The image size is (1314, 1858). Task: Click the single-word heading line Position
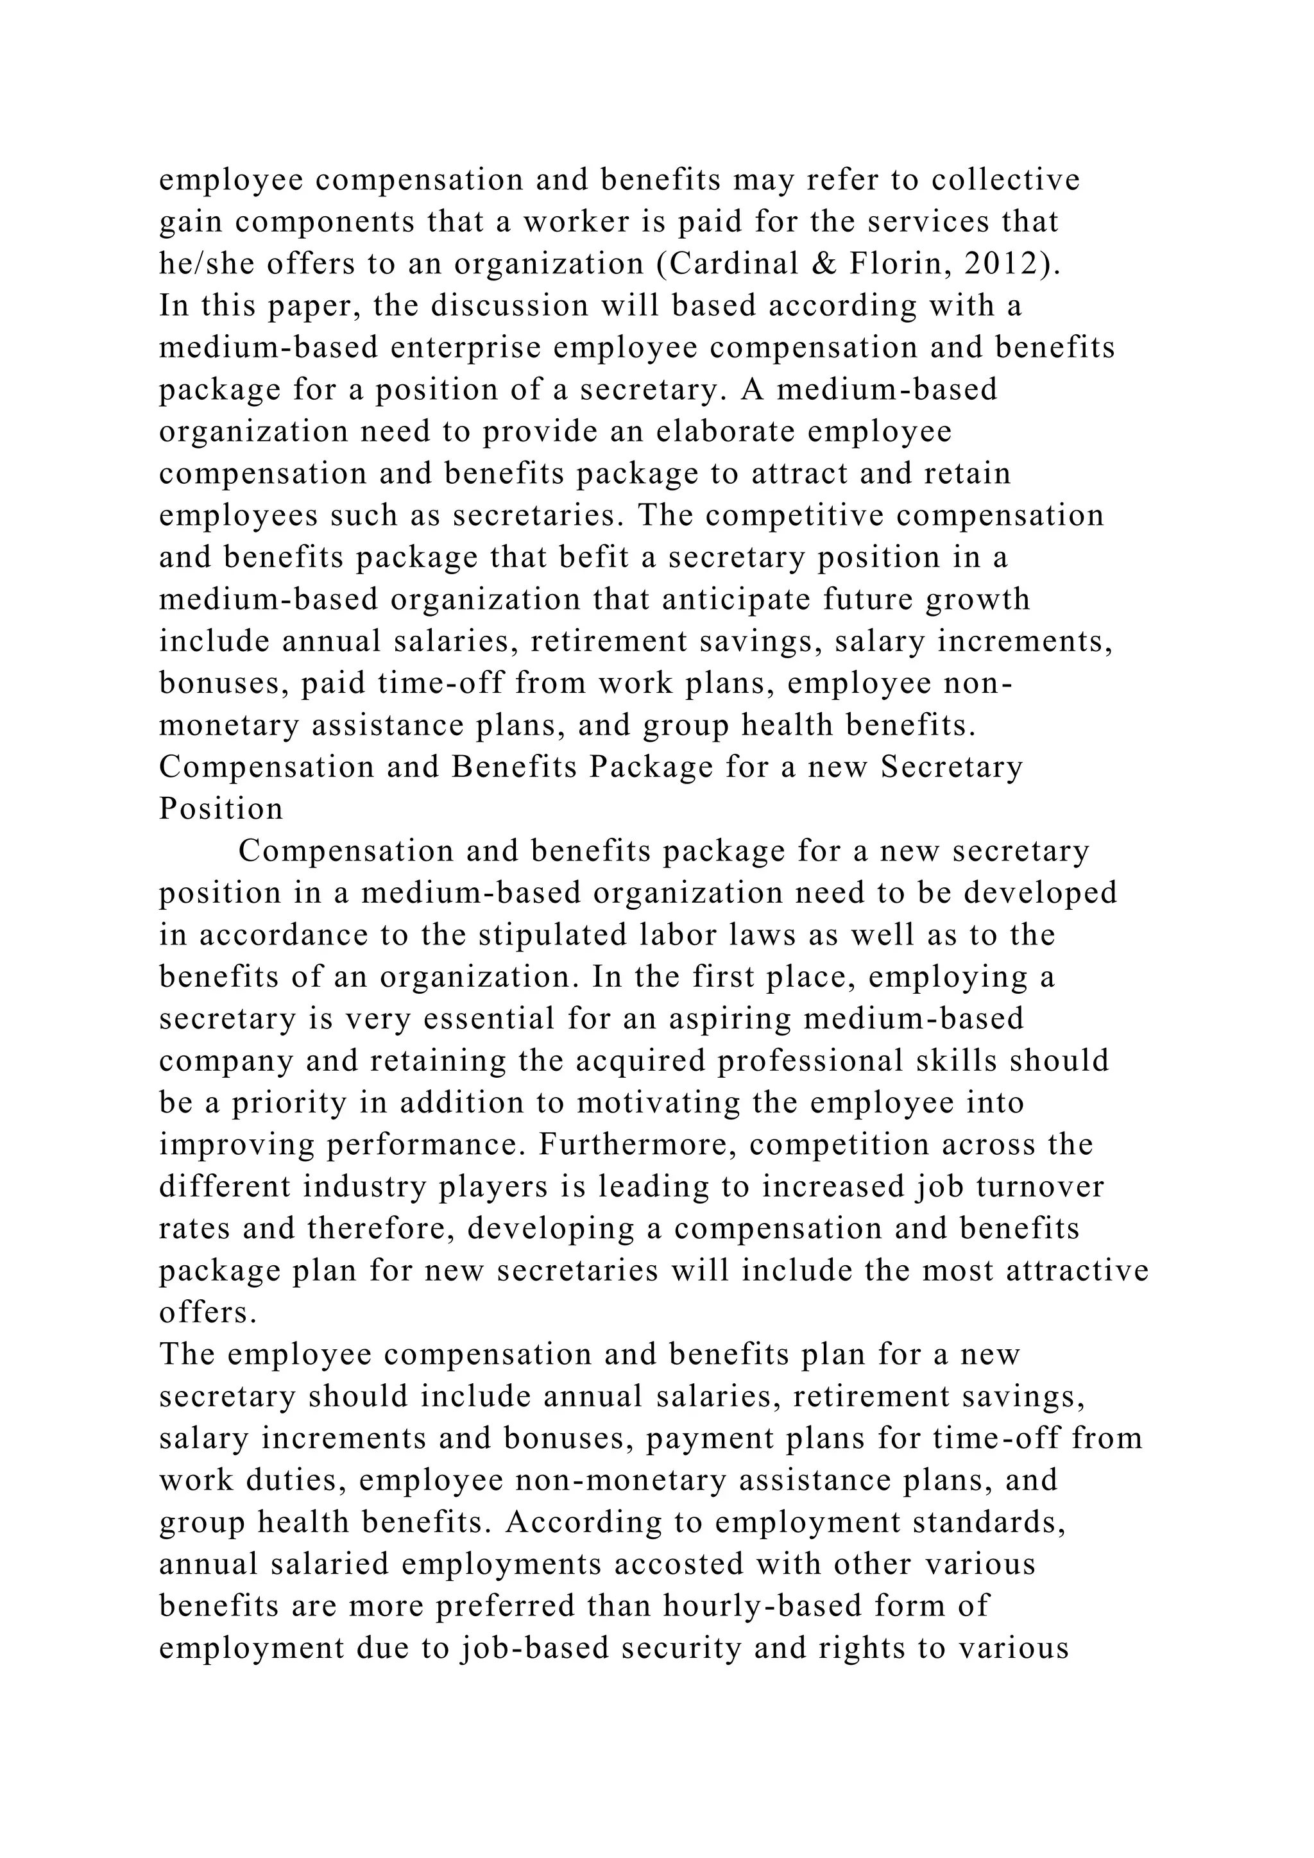click(221, 809)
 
